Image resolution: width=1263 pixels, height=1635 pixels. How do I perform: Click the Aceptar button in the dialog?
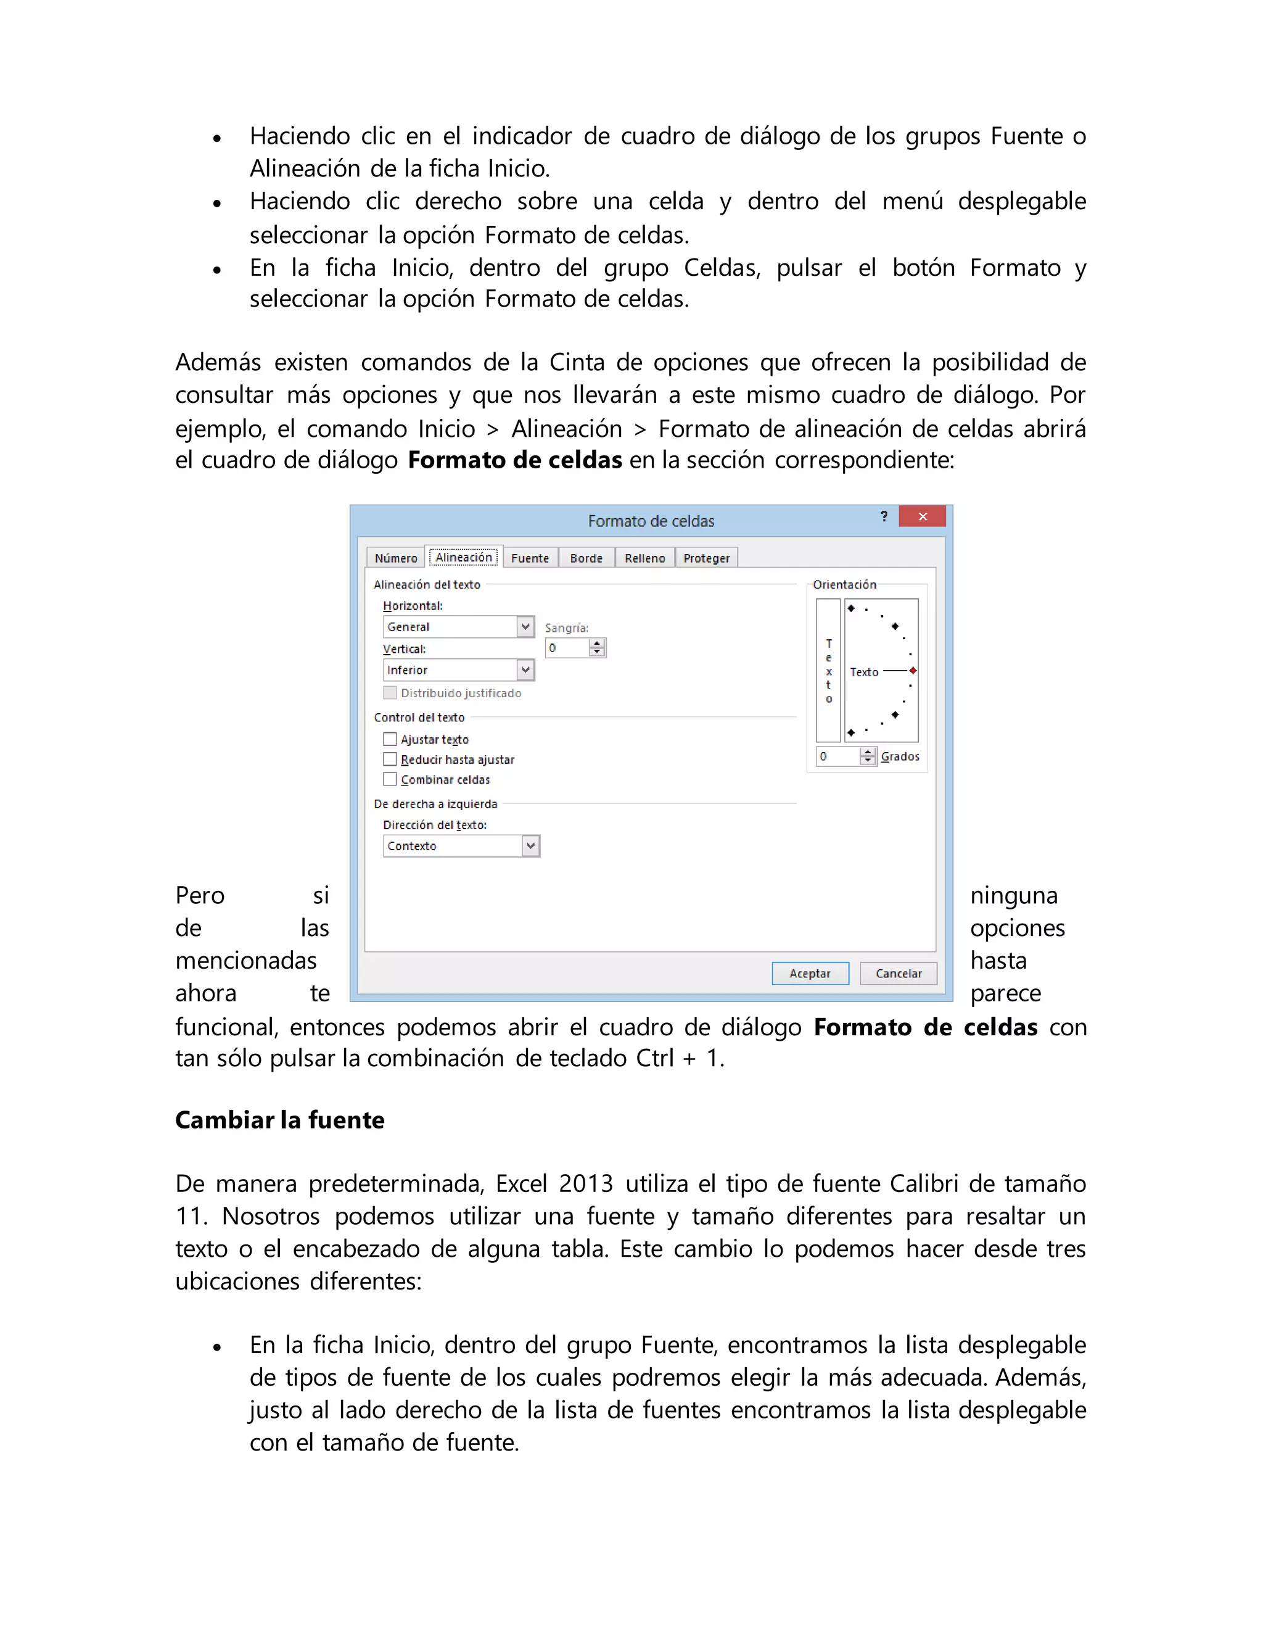tap(810, 973)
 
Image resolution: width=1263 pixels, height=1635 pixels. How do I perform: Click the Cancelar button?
tap(898, 973)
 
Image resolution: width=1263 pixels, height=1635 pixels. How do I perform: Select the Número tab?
tap(396, 558)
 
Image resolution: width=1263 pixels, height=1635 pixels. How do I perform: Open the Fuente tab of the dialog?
tap(530, 558)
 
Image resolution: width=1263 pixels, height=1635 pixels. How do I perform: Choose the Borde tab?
tap(586, 558)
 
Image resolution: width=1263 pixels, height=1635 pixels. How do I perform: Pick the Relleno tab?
tap(644, 558)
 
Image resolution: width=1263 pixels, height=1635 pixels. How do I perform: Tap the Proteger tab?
tap(706, 558)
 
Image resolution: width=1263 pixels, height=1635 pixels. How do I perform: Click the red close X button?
tap(922, 516)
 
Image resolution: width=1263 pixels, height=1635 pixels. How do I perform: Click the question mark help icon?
tap(884, 516)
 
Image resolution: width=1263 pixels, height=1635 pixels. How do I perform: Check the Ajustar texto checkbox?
tap(390, 739)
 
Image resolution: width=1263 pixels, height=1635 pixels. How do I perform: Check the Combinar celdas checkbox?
tap(390, 779)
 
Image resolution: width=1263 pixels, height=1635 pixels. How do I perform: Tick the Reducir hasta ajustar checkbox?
tap(390, 759)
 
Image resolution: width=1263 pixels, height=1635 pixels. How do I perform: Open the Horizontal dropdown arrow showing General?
tap(525, 627)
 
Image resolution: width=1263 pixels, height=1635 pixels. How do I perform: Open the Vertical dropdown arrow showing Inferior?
tap(525, 670)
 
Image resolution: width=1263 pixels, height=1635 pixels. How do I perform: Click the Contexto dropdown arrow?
tap(530, 846)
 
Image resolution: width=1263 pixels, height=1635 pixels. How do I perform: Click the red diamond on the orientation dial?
tap(913, 671)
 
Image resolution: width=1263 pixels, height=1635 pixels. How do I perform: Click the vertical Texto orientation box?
tap(828, 670)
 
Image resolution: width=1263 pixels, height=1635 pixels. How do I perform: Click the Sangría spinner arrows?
tap(596, 648)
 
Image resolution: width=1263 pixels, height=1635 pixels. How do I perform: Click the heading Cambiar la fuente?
tap(280, 1120)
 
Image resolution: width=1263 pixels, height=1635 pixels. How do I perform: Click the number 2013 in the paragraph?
tap(585, 1183)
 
